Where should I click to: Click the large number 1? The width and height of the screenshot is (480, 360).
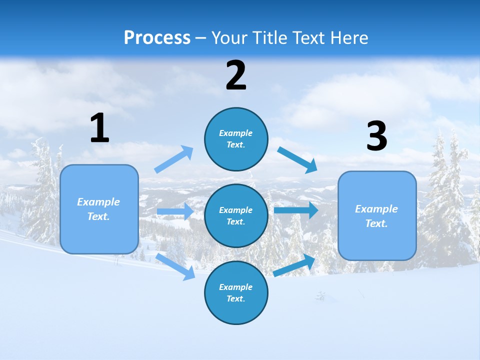tap(99, 128)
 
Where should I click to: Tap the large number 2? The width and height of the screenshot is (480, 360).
tap(236, 75)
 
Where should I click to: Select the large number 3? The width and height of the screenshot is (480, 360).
tap(377, 136)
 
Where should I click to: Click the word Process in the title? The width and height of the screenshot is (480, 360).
tap(157, 37)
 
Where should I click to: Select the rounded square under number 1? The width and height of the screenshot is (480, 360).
tap(99, 209)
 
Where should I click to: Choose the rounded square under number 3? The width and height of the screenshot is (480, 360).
tap(377, 215)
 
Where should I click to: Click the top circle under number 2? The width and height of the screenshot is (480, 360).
tap(236, 138)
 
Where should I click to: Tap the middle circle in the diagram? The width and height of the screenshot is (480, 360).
tap(236, 215)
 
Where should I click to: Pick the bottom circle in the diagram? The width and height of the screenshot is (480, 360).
tap(236, 292)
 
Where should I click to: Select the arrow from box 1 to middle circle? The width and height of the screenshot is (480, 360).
tap(175, 211)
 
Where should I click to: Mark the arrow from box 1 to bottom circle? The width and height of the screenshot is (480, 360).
tap(175, 266)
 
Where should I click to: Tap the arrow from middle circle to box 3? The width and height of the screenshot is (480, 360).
tap(295, 210)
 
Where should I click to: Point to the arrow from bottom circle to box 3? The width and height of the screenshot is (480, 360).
tap(294, 265)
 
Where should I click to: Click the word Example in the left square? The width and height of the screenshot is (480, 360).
tap(98, 202)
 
